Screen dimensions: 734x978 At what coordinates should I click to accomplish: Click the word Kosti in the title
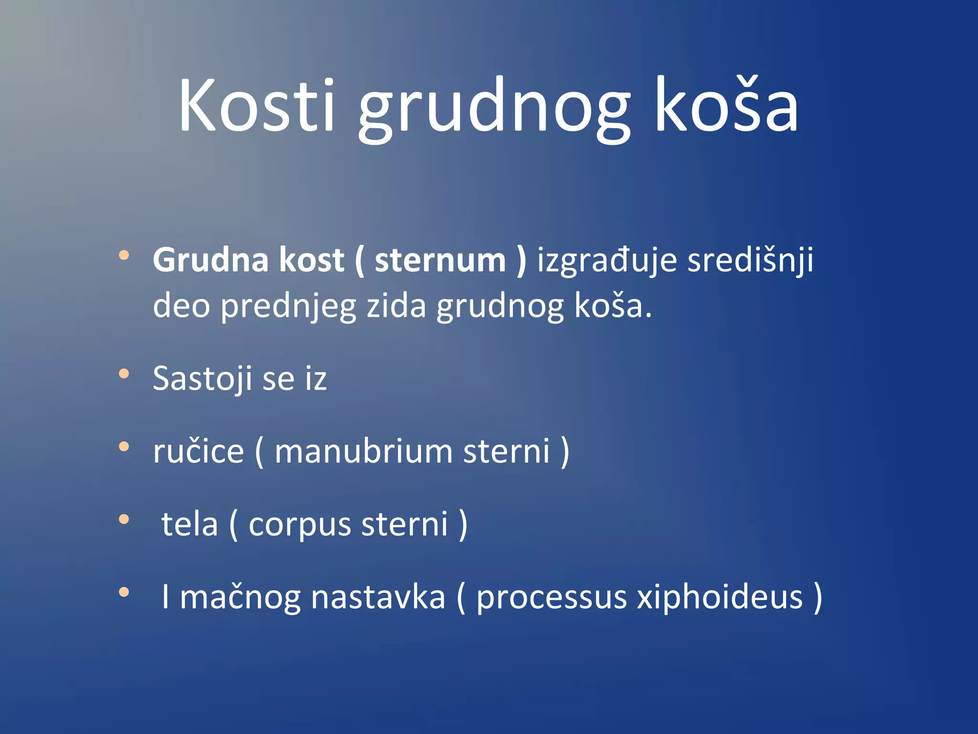pyautogui.click(x=257, y=105)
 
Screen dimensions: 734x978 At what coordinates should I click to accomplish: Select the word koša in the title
pyautogui.click(x=726, y=105)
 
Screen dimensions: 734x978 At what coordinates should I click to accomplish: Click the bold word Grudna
pyautogui.click(x=211, y=260)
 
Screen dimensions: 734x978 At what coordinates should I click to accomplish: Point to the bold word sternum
pyautogui.click(x=440, y=260)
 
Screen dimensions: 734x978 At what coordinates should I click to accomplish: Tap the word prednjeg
pyautogui.click(x=288, y=307)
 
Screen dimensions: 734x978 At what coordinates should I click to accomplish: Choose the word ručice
pyautogui.click(x=199, y=452)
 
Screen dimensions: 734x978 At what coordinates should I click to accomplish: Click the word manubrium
pyautogui.click(x=363, y=452)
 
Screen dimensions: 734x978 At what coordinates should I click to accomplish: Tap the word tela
pyautogui.click(x=190, y=524)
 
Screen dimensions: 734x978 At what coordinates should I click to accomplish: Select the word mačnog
pyautogui.click(x=240, y=598)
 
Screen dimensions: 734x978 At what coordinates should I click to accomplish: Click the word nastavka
pyautogui.click(x=378, y=597)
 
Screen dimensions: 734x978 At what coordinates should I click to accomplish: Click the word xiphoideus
pyautogui.click(x=720, y=597)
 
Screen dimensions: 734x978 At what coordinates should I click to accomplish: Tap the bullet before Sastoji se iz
pyautogui.click(x=124, y=374)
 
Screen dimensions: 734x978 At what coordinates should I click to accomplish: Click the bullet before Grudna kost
pyautogui.click(x=124, y=255)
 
